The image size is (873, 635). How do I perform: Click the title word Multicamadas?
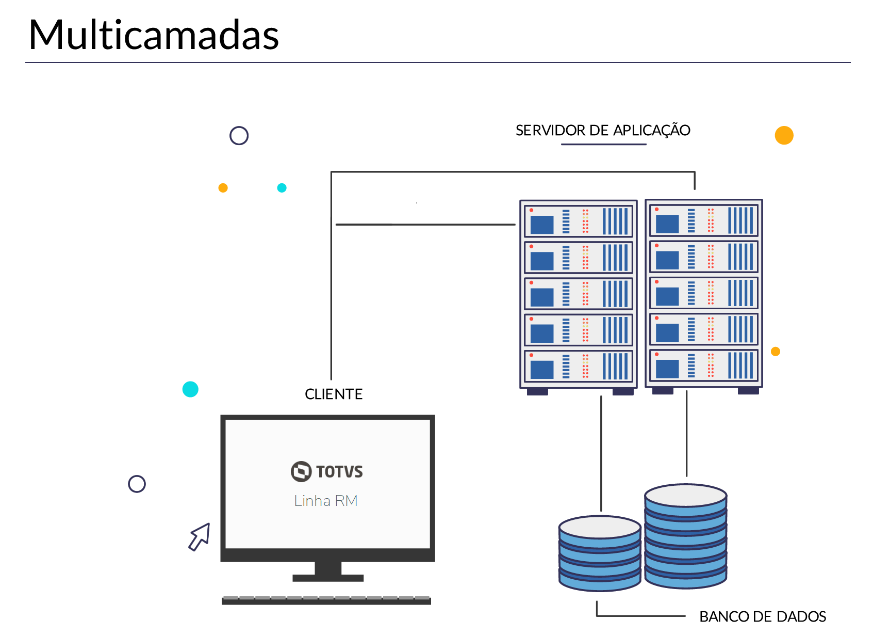154,35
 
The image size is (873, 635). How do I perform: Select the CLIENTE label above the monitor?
334,394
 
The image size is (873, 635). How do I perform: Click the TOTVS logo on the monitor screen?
327,471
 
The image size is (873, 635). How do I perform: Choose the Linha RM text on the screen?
326,501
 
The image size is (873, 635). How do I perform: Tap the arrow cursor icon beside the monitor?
200,536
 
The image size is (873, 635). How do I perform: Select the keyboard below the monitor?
326,600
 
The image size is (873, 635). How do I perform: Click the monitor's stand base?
328,577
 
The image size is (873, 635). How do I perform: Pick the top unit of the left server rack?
579,221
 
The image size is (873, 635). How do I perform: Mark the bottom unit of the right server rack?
704,366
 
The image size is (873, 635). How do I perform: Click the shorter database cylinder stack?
600,552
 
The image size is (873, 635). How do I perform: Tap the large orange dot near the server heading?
784,135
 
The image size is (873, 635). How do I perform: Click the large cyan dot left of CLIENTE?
190,389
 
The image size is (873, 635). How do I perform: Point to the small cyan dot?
282,188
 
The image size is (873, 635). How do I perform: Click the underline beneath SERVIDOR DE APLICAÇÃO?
603,144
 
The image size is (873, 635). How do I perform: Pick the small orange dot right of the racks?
776,352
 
